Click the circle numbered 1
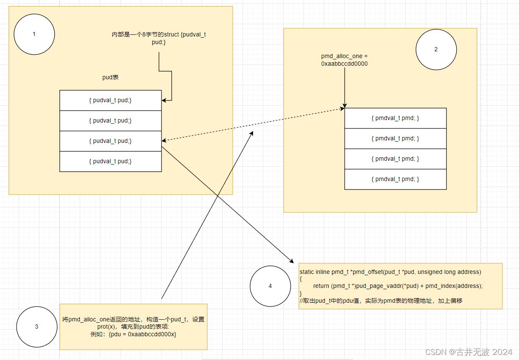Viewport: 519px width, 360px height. point(34,34)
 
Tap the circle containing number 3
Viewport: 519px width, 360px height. point(36,327)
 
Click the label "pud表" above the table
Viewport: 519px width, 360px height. point(110,78)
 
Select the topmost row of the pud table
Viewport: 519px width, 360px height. point(110,100)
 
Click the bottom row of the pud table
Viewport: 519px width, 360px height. point(110,162)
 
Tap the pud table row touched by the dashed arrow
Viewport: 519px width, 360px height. point(110,141)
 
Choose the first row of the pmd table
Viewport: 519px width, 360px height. point(395,118)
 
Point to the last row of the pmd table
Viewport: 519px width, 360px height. point(395,179)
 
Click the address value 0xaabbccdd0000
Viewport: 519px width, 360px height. point(344,64)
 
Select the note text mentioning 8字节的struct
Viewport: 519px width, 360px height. point(159,39)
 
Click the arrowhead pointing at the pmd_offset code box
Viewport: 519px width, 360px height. point(291,260)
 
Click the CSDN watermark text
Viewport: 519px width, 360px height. point(469,352)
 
